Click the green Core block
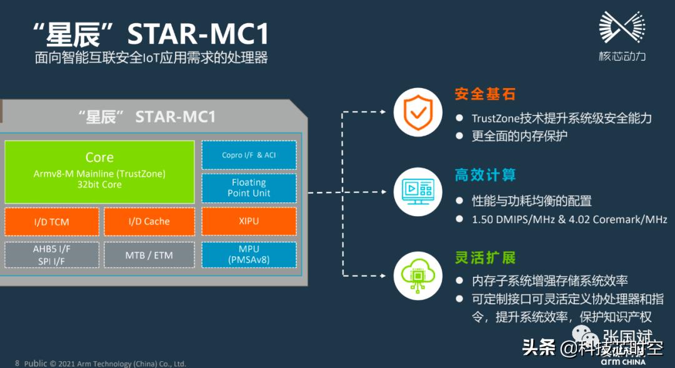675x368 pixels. [x=99, y=171]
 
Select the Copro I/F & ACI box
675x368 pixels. [x=249, y=155]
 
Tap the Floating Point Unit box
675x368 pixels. [x=249, y=187]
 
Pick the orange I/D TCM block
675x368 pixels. [x=52, y=221]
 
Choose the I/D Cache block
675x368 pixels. [x=149, y=221]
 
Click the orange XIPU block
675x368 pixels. [x=249, y=221]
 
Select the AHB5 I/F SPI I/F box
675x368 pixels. [x=52, y=254]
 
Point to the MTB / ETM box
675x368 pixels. [x=149, y=255]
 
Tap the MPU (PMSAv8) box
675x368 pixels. [x=249, y=254]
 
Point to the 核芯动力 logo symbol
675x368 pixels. [x=621, y=28]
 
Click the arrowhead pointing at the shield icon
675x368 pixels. [x=383, y=112]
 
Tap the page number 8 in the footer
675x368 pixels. [x=17, y=363]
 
